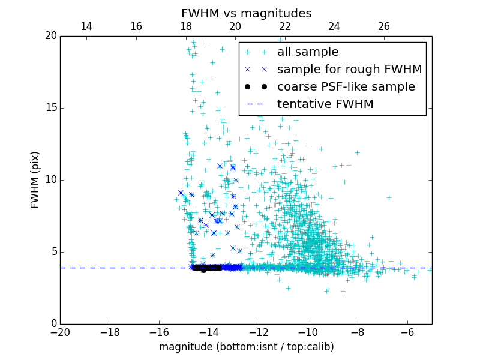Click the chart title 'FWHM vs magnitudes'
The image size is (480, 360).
246,13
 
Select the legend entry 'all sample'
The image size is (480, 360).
308,52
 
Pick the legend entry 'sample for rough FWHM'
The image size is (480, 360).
349,70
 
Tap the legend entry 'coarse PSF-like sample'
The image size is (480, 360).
346,87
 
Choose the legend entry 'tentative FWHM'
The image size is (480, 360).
325,104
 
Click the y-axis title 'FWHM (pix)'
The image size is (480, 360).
35,179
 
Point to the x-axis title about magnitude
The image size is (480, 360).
246,347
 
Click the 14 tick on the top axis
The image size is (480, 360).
86,27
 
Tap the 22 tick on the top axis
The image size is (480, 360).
285,27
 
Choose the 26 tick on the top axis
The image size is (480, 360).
384,27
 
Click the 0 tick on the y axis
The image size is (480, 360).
53,324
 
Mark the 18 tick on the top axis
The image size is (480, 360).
185,27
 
